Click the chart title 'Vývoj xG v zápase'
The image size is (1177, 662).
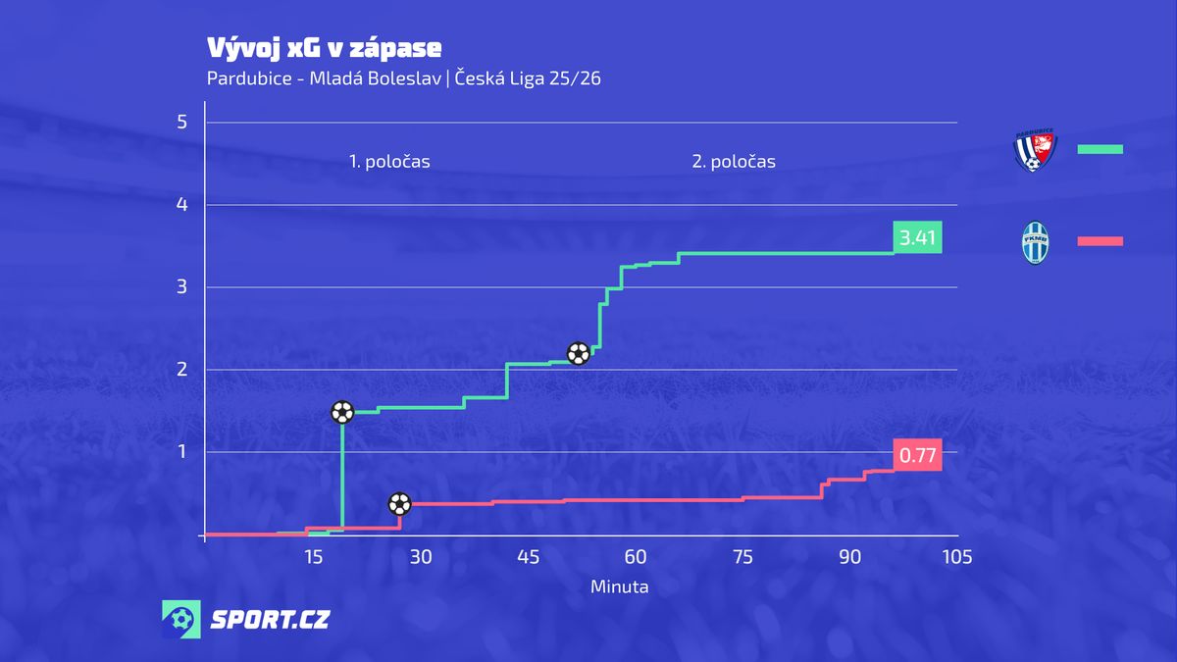(x=324, y=48)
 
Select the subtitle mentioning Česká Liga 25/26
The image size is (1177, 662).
(x=403, y=78)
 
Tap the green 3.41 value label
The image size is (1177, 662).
(x=917, y=237)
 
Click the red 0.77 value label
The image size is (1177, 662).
(x=917, y=455)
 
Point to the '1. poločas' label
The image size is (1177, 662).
(x=389, y=162)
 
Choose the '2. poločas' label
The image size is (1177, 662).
(x=734, y=162)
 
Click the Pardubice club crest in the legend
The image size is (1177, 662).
(x=1034, y=150)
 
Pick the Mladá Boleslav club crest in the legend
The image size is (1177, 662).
(x=1034, y=242)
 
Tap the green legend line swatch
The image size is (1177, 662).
(x=1100, y=149)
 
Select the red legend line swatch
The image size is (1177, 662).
(x=1100, y=241)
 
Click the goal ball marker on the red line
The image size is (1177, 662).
(x=399, y=504)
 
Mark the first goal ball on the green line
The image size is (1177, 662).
(x=342, y=413)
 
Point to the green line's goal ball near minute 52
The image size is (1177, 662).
(x=579, y=353)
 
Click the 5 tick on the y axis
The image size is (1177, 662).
(x=181, y=123)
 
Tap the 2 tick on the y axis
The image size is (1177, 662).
(x=181, y=370)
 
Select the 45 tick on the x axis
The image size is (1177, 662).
(x=528, y=557)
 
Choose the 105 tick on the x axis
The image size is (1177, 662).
(x=956, y=557)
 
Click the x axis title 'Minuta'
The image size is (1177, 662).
(x=619, y=587)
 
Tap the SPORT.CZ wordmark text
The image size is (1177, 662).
(x=271, y=620)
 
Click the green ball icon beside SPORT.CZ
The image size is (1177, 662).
(x=181, y=620)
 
